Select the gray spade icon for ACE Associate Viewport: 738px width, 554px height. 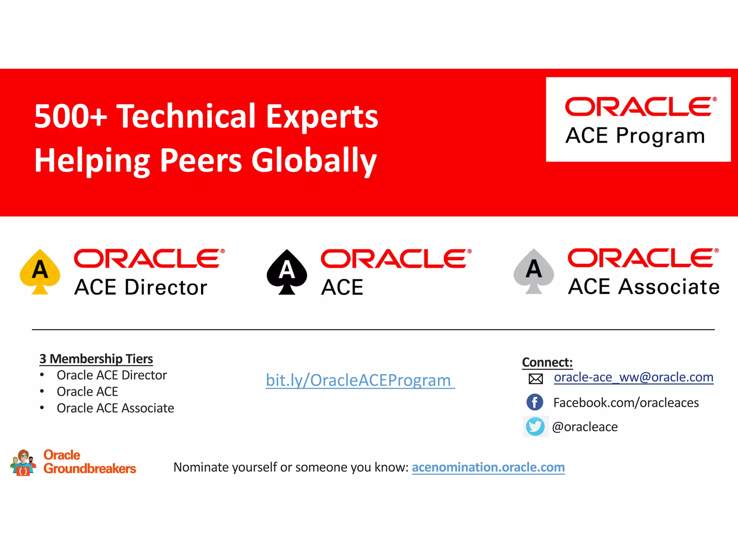coord(534,271)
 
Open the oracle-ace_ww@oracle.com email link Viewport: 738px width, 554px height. coord(633,377)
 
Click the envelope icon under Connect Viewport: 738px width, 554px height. coord(535,379)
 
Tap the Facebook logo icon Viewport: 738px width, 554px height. coord(535,402)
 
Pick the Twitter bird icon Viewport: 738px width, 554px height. coord(535,427)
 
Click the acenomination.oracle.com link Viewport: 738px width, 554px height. coord(488,467)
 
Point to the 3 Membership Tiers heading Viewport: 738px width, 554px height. coord(96,359)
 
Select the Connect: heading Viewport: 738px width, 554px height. coord(547,362)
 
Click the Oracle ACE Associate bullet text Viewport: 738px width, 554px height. coord(115,408)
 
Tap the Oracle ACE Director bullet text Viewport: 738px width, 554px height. coord(112,375)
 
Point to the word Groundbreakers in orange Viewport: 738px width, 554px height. coord(90,469)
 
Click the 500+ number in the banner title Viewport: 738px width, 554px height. coord(71,116)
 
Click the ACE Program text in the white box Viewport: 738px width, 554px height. coord(635,136)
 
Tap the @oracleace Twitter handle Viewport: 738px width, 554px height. coord(585,427)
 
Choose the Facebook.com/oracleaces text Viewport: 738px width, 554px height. coord(626,403)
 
